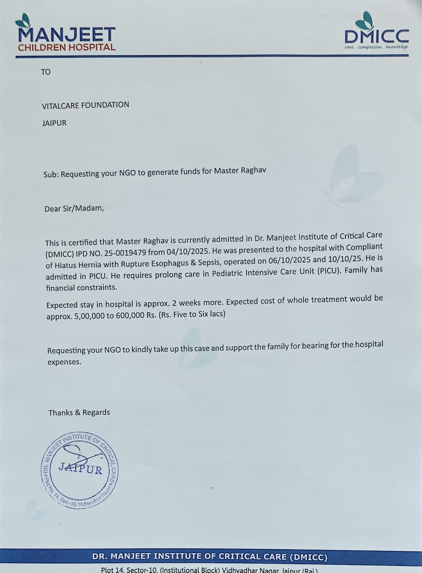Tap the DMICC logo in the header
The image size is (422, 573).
pos(376,32)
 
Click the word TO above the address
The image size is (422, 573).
pos(46,72)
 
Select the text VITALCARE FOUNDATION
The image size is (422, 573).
pos(86,105)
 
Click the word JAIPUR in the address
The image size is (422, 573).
pos(54,124)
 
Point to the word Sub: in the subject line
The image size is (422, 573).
pos(51,175)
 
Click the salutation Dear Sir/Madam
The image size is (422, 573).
pos(74,209)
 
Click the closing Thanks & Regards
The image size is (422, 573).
pos(79,412)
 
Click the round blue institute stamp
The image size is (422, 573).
pos(79,470)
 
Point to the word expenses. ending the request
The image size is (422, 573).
pos(64,362)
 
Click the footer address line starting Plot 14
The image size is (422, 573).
pos(209,570)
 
